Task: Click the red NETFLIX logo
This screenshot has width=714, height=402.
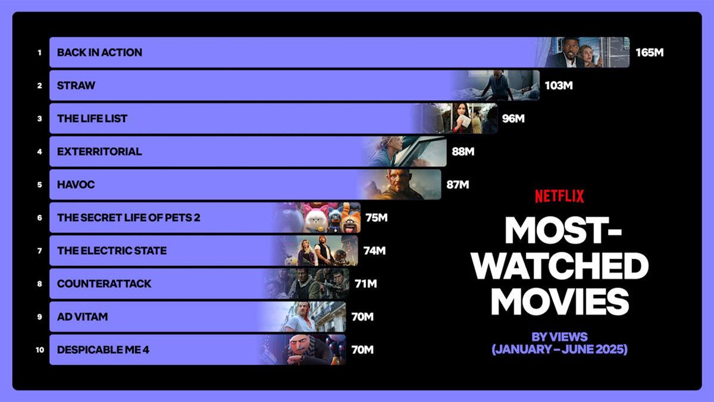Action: (559, 196)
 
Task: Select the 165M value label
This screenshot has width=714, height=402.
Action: (649, 52)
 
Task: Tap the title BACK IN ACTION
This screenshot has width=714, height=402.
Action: (99, 52)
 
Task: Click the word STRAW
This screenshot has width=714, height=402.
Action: (76, 85)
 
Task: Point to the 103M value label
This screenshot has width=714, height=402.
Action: (558, 85)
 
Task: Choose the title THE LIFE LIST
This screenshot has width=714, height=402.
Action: (92, 119)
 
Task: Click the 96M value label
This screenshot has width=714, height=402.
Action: (513, 119)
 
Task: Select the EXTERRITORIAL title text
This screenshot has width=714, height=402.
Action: (99, 151)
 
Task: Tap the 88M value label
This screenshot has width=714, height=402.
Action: (463, 151)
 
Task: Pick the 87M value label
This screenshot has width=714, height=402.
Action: (458, 185)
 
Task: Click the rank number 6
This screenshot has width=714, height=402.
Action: (39, 218)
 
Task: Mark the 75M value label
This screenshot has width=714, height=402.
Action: (377, 218)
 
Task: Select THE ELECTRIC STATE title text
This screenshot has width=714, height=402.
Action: (112, 251)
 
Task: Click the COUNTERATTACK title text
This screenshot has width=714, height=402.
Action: (104, 284)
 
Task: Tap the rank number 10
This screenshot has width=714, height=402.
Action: (39, 350)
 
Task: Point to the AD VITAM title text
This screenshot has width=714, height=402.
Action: (83, 317)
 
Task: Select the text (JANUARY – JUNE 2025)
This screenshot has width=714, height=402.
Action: (559, 350)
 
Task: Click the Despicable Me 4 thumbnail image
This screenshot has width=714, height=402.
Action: (309, 350)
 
